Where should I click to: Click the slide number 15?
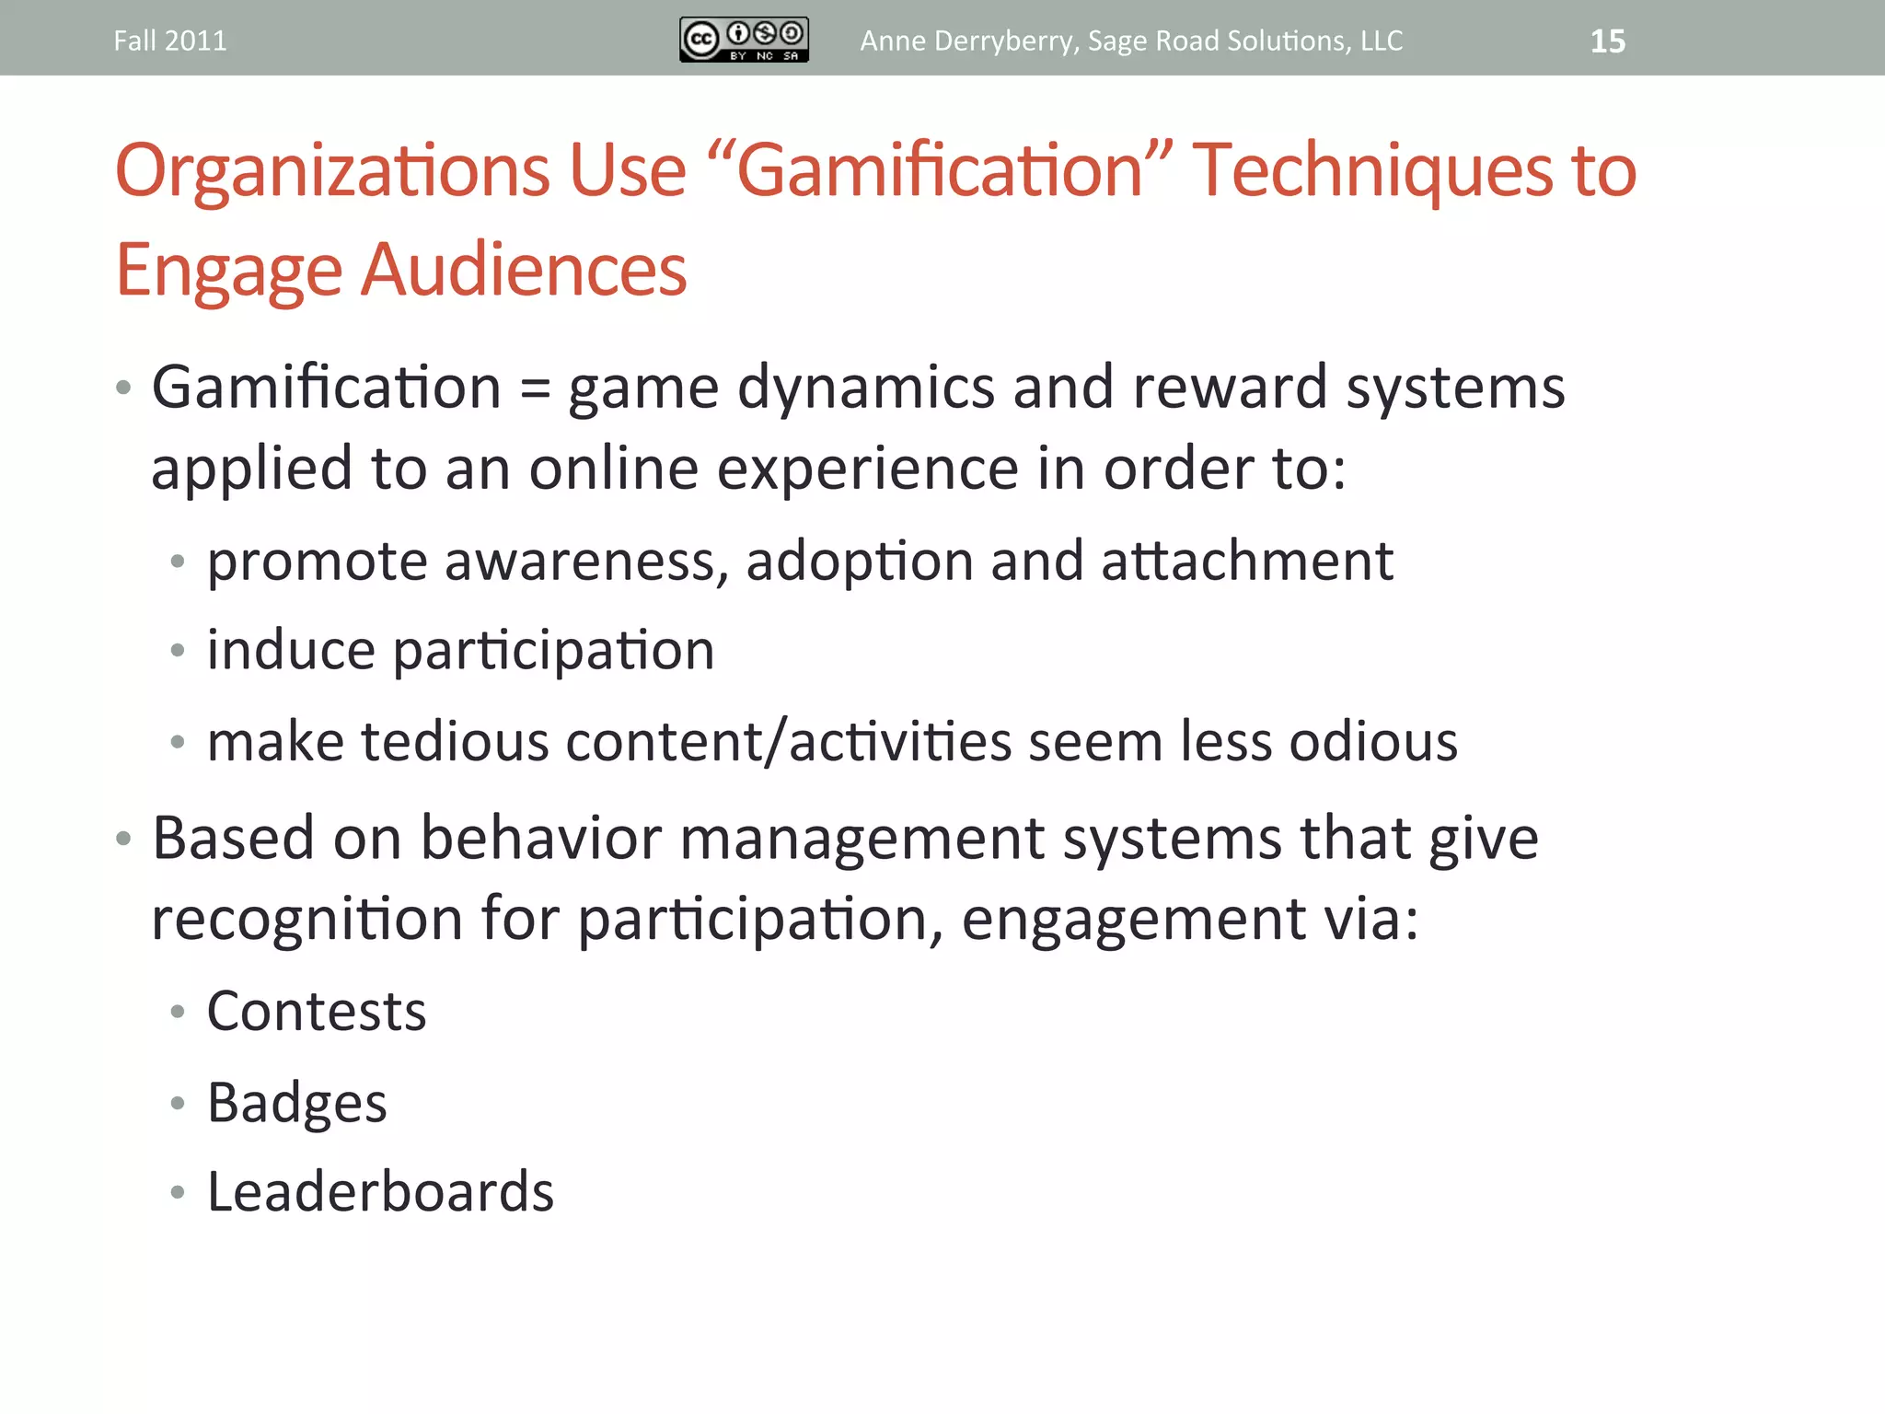[1607, 41]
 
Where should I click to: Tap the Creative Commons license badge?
[744, 40]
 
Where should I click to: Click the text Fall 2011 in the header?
[170, 41]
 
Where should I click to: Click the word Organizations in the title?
[332, 171]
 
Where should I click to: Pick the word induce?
[291, 651]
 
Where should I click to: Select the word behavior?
[540, 839]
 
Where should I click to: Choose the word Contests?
[317, 1012]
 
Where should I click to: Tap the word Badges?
[296, 1103]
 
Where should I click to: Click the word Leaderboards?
[380, 1192]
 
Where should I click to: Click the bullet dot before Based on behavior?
[123, 839]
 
